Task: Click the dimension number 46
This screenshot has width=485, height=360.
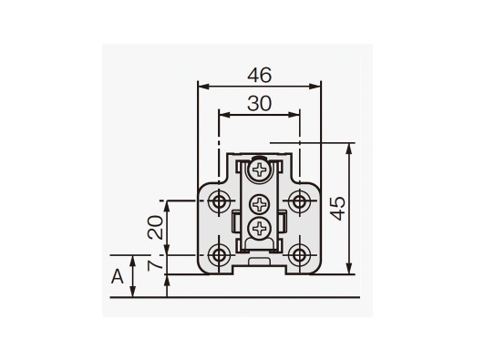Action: pyautogui.click(x=260, y=75)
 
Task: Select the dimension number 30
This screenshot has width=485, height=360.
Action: pyautogui.click(x=260, y=104)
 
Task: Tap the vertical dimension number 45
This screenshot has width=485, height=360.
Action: pyautogui.click(x=337, y=208)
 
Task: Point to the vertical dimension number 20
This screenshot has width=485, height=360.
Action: pyautogui.click(x=155, y=227)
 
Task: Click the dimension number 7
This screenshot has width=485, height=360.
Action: pyautogui.click(x=155, y=265)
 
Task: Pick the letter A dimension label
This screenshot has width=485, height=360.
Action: pyautogui.click(x=118, y=276)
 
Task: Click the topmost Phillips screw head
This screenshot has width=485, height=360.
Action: pyautogui.click(x=259, y=170)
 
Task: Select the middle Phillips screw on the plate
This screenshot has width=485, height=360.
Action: pyautogui.click(x=259, y=204)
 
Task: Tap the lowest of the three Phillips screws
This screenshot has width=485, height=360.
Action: pyautogui.click(x=259, y=229)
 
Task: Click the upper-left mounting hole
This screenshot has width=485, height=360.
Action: pyautogui.click(x=219, y=201)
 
